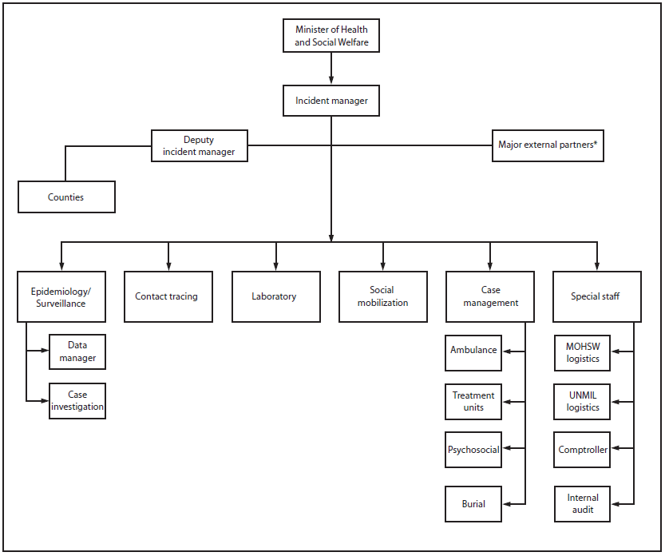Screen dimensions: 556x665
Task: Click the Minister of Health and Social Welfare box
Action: click(331, 36)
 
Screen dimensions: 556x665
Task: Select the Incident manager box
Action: click(331, 101)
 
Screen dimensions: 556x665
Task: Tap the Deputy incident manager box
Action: click(199, 146)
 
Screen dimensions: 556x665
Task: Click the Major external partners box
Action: click(548, 145)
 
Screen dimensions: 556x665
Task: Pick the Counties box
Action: click(66, 197)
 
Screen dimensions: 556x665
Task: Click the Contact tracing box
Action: click(168, 296)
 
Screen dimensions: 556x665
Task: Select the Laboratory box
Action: click(275, 296)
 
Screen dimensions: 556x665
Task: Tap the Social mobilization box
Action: click(382, 296)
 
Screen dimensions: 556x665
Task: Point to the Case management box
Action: click(490, 296)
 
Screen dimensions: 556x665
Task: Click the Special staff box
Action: click(597, 296)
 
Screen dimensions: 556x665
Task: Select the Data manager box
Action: click(77, 352)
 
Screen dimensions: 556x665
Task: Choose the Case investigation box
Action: click(77, 401)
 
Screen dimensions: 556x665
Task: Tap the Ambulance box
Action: click(473, 351)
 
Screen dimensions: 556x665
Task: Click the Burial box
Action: click(473, 504)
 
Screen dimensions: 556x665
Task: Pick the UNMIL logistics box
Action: click(582, 401)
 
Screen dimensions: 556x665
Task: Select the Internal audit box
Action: click(582, 503)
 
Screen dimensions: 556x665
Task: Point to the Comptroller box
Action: click(582, 450)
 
